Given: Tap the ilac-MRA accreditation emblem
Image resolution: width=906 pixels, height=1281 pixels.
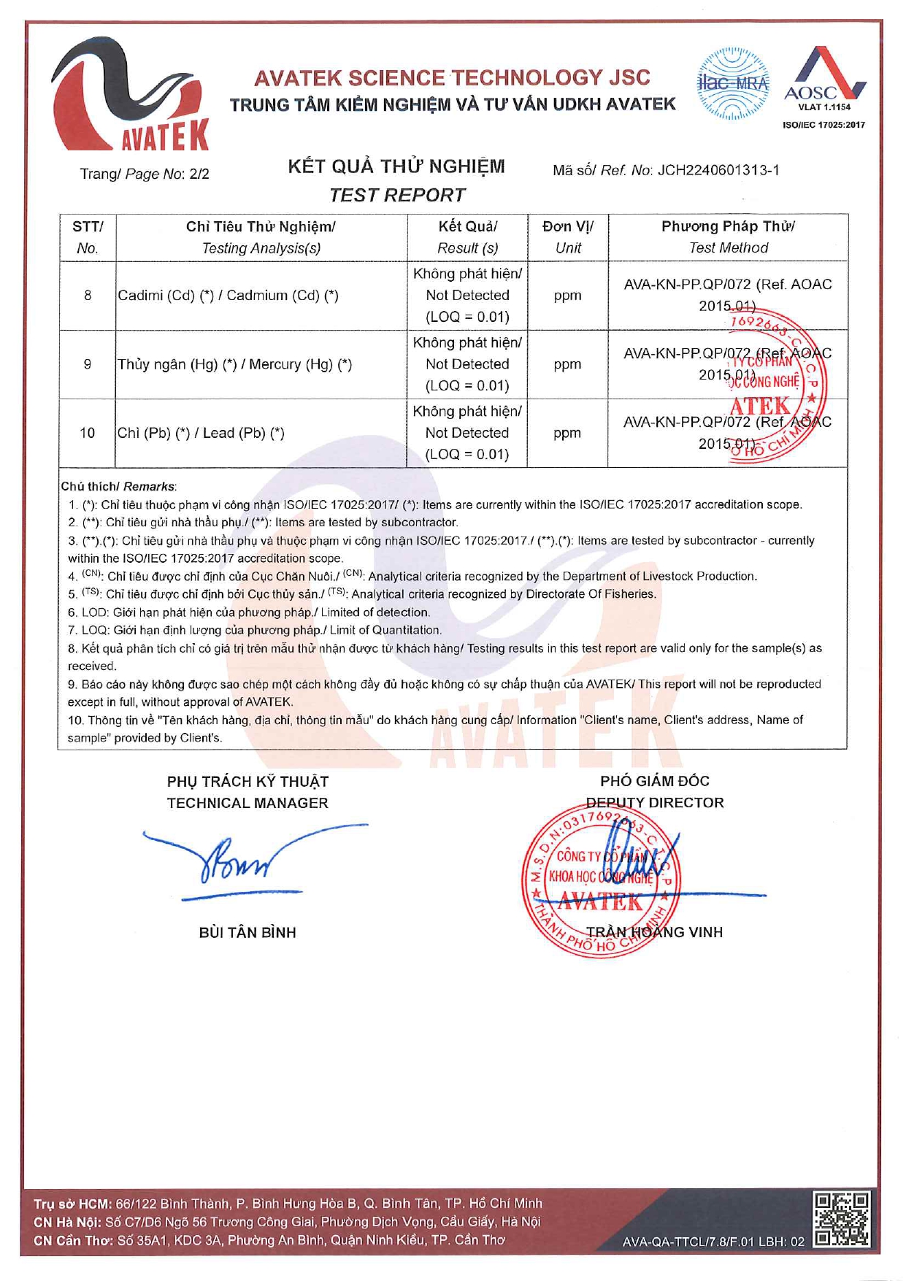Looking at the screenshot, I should pyautogui.click(x=732, y=84).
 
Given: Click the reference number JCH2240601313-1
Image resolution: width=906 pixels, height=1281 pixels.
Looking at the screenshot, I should pyautogui.click(x=718, y=171).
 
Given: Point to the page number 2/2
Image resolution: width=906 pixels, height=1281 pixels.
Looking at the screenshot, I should pyautogui.click(x=199, y=174).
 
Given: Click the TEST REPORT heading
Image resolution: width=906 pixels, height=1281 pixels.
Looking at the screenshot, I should pyautogui.click(x=396, y=196).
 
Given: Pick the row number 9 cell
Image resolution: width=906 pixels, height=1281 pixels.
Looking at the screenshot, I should pyautogui.click(x=88, y=364).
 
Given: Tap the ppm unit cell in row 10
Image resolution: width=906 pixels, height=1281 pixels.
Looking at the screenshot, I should pyautogui.click(x=567, y=433).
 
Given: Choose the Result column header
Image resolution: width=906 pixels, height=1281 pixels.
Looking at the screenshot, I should pyautogui.click(x=467, y=237).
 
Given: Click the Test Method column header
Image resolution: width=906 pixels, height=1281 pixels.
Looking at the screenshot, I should pyautogui.click(x=728, y=237).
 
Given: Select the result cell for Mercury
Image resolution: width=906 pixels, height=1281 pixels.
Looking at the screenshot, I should pyautogui.click(x=467, y=364).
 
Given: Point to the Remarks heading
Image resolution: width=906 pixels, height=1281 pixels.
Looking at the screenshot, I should pyautogui.click(x=118, y=487).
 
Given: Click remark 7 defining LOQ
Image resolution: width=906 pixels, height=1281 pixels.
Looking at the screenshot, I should pyautogui.click(x=255, y=630).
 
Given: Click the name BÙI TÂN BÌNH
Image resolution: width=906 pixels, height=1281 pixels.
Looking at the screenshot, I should pyautogui.click(x=247, y=933).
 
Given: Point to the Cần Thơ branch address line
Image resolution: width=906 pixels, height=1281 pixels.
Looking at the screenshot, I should pyautogui.click(x=269, y=1240).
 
